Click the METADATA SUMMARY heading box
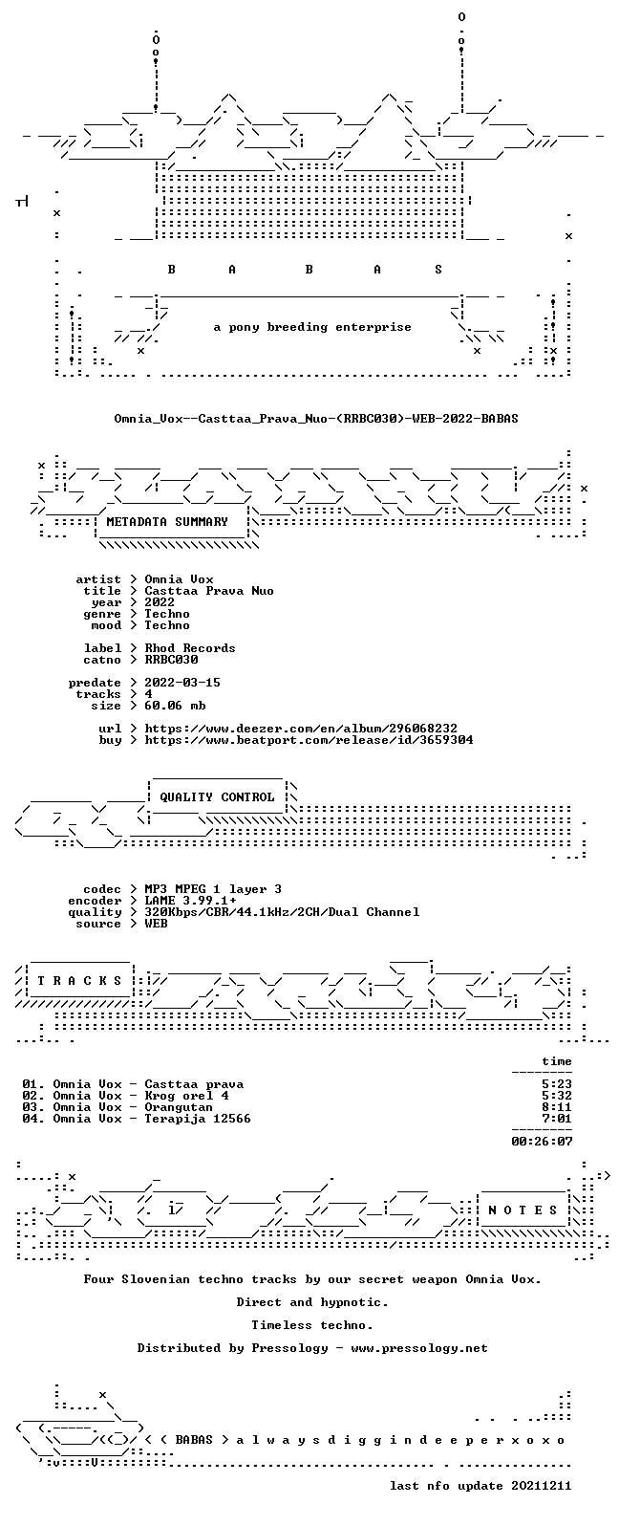pyautogui.click(x=167, y=522)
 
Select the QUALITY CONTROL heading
pyautogui.click(x=217, y=797)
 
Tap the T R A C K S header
pyautogui.click(x=79, y=980)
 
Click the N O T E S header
pyautogui.click(x=523, y=1210)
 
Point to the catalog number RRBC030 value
pyautogui.click(x=171, y=660)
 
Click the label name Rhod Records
pyautogui.click(x=190, y=648)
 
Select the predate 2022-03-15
pyautogui.click(x=182, y=683)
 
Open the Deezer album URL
pyautogui.click(x=301, y=729)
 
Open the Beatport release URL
pyautogui.click(x=309, y=740)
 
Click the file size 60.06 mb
pyautogui.click(x=175, y=706)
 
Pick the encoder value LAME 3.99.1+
pyautogui.click(x=190, y=901)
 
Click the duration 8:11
pyautogui.click(x=557, y=1107)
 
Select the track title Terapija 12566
pyautogui.click(x=198, y=1119)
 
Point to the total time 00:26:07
pyautogui.click(x=542, y=1141)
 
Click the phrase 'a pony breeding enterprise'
pyautogui.click(x=312, y=327)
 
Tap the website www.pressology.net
pyautogui.click(x=419, y=1348)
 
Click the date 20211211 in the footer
pyautogui.click(x=542, y=1486)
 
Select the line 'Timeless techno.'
pyautogui.click(x=312, y=1325)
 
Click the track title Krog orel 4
pyautogui.click(x=186, y=1096)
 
